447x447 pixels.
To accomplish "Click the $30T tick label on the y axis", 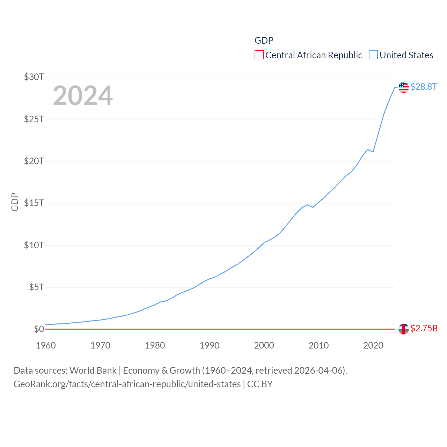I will pos(34,77).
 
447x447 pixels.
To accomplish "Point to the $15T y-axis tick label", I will pos(34,203).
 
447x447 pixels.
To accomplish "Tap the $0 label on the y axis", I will pos(39,329).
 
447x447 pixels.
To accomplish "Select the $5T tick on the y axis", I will pos(36,287).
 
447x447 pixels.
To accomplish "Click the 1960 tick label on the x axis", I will pos(46,345).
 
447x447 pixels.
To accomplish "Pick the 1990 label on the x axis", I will pos(210,345).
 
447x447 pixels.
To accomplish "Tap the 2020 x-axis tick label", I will pos(373,345).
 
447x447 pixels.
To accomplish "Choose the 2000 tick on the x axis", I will pos(264,345).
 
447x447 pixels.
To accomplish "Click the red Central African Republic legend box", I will pos(259,55).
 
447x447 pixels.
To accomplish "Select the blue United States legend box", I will pos(373,55).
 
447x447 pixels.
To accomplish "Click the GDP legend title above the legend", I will pos(264,41).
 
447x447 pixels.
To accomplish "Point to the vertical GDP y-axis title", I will pos(15,202).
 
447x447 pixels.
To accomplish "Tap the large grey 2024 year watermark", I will pos(83,96).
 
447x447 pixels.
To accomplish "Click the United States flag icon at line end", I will pos(404,87).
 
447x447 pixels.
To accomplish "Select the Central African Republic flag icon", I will pos(404,329).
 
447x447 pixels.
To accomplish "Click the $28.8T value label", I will pos(424,87).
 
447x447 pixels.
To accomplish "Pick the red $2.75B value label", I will pos(424,328).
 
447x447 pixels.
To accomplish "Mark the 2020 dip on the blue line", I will pos(373,152).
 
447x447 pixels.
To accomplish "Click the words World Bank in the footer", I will pos(93,370).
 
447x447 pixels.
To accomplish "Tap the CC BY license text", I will pos(260,384).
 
